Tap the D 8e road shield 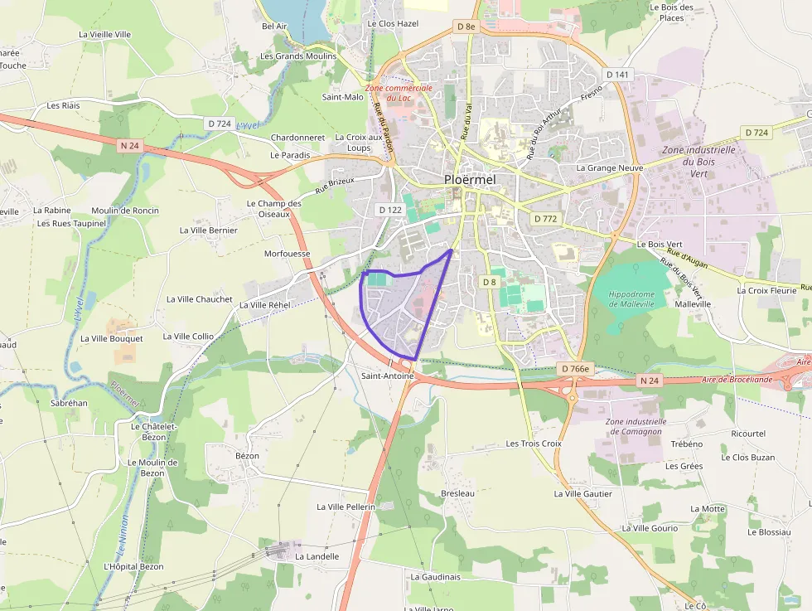466,27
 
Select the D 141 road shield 617,75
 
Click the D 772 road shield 545,219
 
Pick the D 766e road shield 574,369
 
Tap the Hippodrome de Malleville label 631,299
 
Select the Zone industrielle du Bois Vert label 698,162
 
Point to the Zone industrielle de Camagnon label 636,426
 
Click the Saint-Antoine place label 387,376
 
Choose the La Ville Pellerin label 346,506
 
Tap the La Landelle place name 317,556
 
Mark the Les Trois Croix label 534,444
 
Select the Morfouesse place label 287,254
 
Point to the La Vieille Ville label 104,34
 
